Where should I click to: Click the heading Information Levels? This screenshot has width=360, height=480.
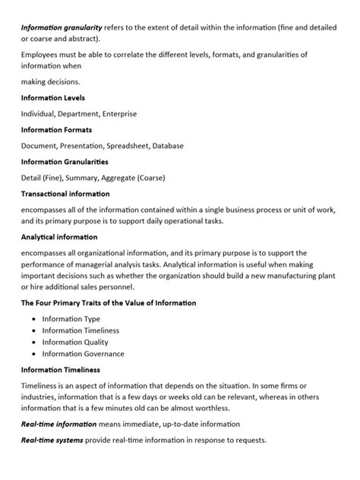[x=52, y=97]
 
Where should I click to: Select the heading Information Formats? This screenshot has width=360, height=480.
[x=55, y=129]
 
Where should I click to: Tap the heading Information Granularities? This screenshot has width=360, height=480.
[x=64, y=162]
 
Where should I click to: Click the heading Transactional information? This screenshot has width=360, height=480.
[x=65, y=194]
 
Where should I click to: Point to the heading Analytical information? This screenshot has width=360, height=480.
[x=59, y=237]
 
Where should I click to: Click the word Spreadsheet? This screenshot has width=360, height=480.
[x=150, y=146]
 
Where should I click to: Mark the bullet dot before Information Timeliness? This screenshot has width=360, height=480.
[x=35, y=331]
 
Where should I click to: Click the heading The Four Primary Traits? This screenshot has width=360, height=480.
[x=109, y=302]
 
